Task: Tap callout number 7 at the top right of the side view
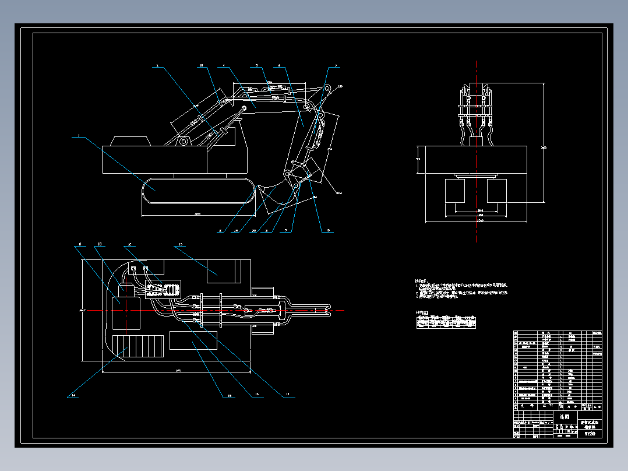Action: (x=336, y=66)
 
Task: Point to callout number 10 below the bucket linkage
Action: (x=327, y=230)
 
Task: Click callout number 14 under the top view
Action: (x=74, y=395)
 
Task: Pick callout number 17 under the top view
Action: (x=287, y=395)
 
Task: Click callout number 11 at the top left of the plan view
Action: (x=82, y=245)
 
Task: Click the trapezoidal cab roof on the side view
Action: (x=129, y=142)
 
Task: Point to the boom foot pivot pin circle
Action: (x=184, y=142)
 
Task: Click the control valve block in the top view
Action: (x=166, y=290)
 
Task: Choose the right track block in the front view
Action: (x=496, y=191)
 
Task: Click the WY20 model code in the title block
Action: (x=590, y=434)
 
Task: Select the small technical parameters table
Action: (x=446, y=322)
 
